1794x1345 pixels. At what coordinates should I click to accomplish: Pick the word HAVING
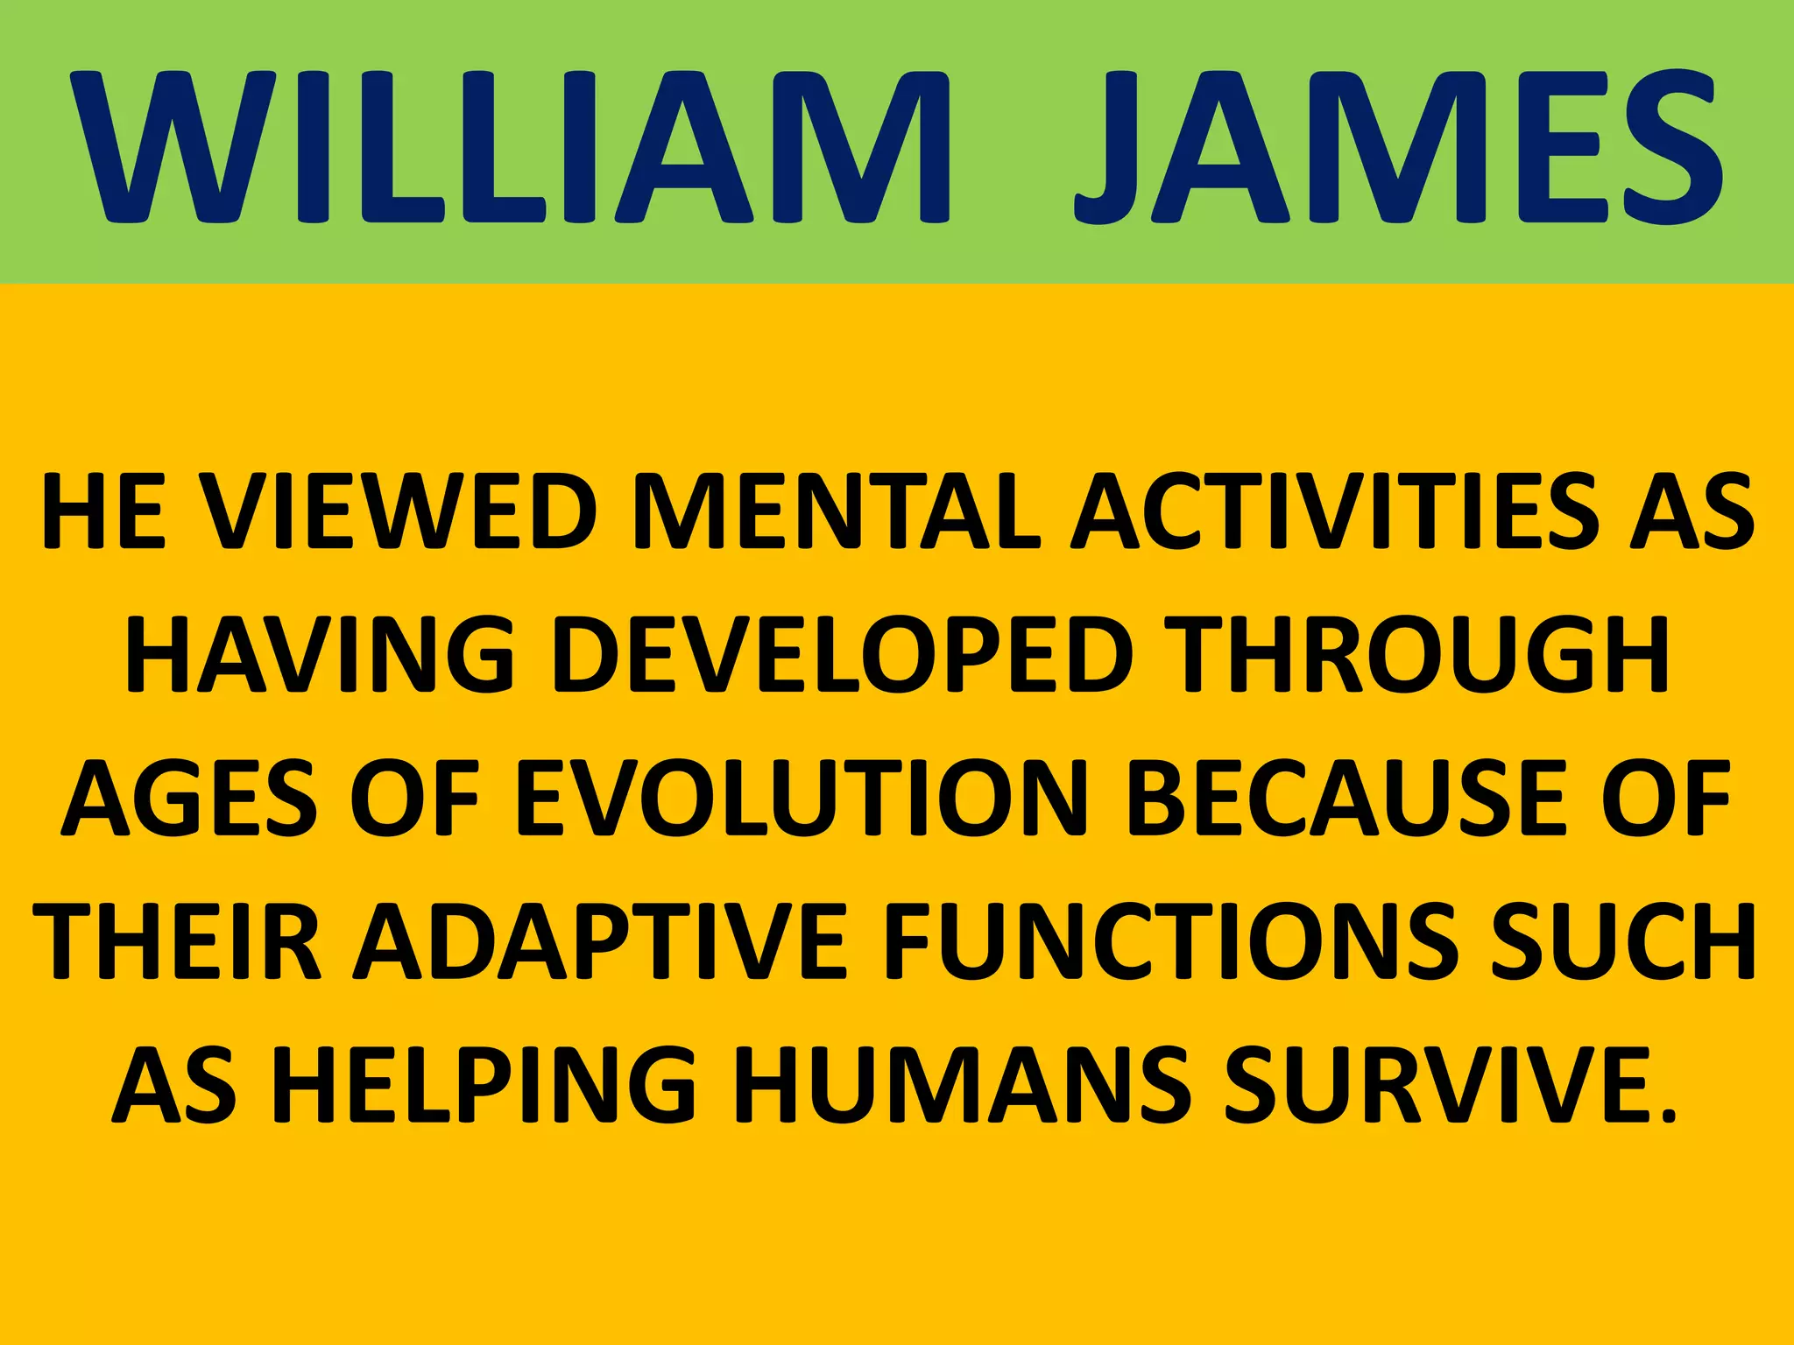320,655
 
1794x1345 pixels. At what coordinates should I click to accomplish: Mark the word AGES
188,798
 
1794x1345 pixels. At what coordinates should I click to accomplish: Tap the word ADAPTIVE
600,941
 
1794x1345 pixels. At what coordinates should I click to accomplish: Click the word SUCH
1625,941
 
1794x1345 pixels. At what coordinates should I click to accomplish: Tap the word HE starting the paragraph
103,511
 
